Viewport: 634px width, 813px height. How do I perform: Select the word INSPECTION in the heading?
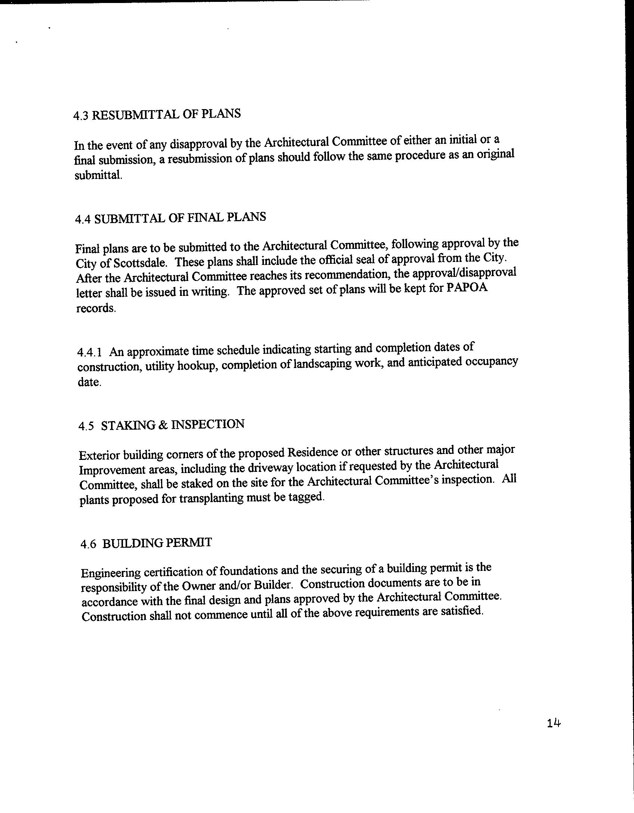(207, 424)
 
